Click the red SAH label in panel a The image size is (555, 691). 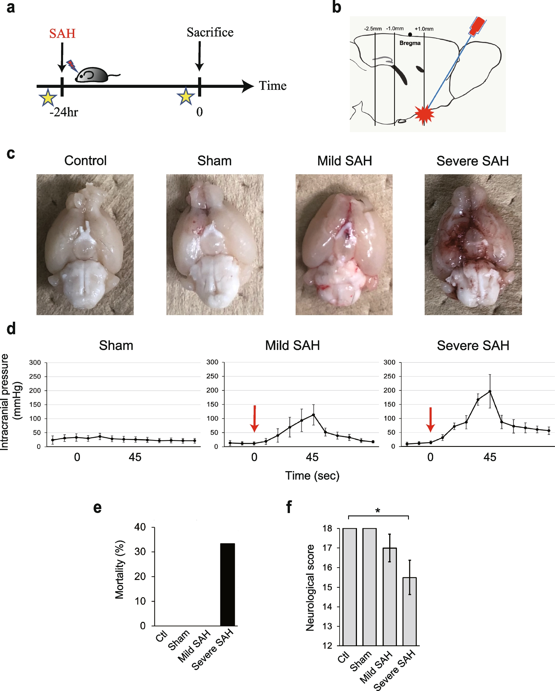(62, 33)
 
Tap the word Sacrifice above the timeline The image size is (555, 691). (210, 33)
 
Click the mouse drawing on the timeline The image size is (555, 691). (93, 75)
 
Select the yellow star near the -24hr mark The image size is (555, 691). (48, 98)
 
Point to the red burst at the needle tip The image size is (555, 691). (424, 114)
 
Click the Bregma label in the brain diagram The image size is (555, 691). (410, 43)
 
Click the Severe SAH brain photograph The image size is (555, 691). (473, 244)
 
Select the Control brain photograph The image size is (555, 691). (85, 244)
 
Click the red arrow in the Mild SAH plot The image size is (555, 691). (255, 419)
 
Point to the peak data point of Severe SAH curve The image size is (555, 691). (490, 391)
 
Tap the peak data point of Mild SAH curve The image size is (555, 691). (313, 415)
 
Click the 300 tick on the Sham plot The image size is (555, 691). (35, 362)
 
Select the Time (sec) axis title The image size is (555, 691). (312, 476)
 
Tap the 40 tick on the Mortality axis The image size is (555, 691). (140, 527)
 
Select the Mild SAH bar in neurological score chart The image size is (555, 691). (389, 596)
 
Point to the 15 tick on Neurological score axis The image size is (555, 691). (327, 587)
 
